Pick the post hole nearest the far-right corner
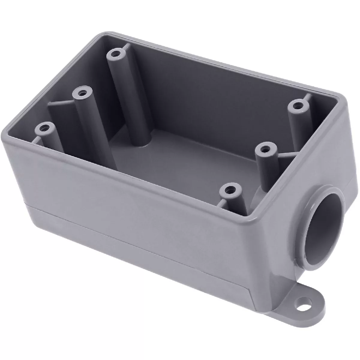click(x=298, y=106)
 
